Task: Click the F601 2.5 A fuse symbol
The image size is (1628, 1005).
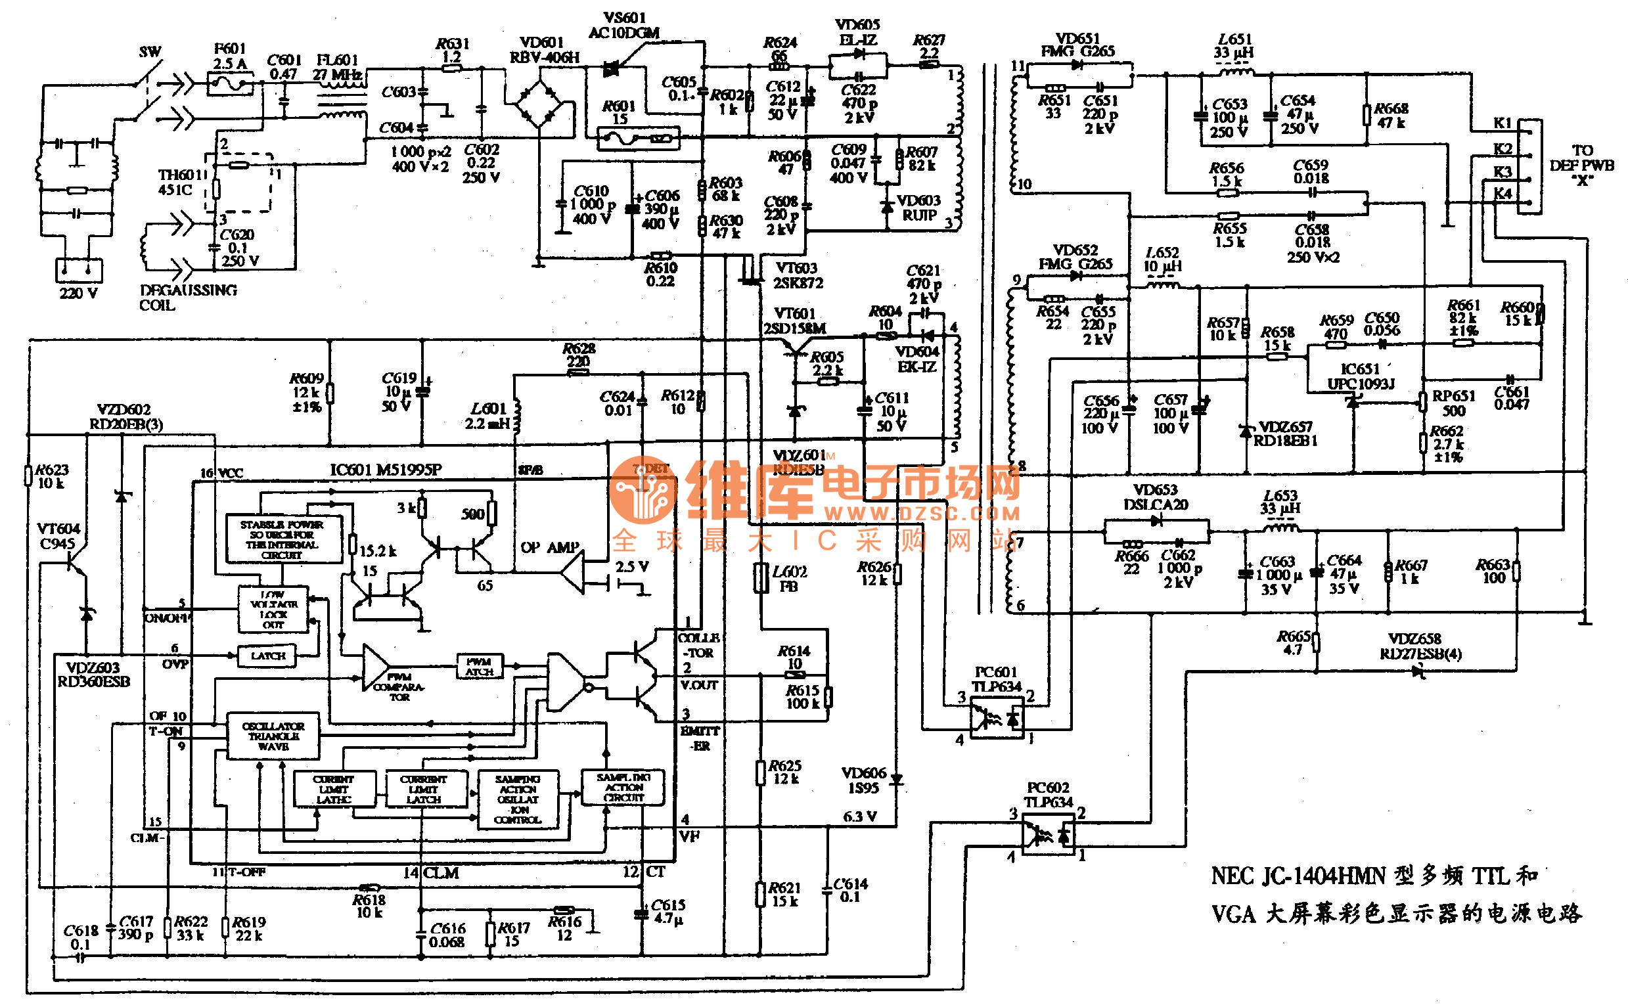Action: pyautogui.click(x=229, y=84)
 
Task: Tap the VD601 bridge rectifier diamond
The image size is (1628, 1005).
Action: pyautogui.click(x=539, y=104)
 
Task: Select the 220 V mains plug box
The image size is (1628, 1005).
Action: pyautogui.click(x=78, y=270)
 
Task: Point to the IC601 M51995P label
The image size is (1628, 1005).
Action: pyautogui.click(x=385, y=470)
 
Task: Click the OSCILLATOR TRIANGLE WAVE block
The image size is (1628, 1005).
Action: pyautogui.click(x=273, y=736)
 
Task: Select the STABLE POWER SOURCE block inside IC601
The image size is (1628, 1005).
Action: pyautogui.click(x=283, y=539)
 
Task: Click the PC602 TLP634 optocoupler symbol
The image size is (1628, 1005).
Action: pyautogui.click(x=1048, y=835)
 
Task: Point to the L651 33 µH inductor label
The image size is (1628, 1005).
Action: pyautogui.click(x=1234, y=46)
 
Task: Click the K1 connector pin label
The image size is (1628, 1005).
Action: pyautogui.click(x=1502, y=123)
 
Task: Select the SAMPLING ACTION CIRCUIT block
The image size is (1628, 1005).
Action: pyautogui.click(x=622, y=788)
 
